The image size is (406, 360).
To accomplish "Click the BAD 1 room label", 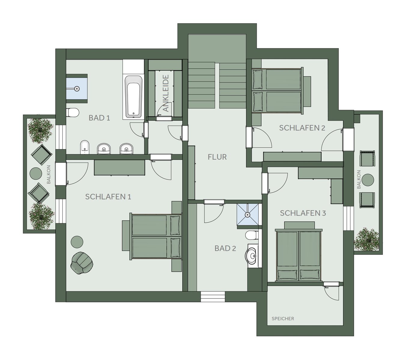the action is pyautogui.click(x=99, y=118).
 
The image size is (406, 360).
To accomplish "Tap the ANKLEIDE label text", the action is pyautogui.click(x=166, y=93).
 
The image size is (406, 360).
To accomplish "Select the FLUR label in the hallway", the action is pyautogui.click(x=217, y=157).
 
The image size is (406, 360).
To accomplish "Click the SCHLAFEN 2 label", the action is pyautogui.click(x=302, y=128).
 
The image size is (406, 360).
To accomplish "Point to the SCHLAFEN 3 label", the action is pyautogui.click(x=303, y=213).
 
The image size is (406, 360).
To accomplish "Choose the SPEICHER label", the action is pyautogui.click(x=283, y=319).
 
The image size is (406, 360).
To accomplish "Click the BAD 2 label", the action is pyautogui.click(x=225, y=248).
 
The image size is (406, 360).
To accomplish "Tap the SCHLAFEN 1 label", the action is pyautogui.click(x=108, y=196).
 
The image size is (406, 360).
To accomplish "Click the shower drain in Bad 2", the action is pyautogui.click(x=248, y=214).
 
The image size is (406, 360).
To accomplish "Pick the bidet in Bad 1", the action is pyautogui.click(x=85, y=147).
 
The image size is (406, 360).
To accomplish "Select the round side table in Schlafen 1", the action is pyautogui.click(x=77, y=242).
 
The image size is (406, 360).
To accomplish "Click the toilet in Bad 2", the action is pyautogui.click(x=251, y=235).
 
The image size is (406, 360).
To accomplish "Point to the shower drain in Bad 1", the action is pyautogui.click(x=77, y=88).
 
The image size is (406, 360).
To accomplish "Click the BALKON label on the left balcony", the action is pyautogui.click(x=48, y=174).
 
